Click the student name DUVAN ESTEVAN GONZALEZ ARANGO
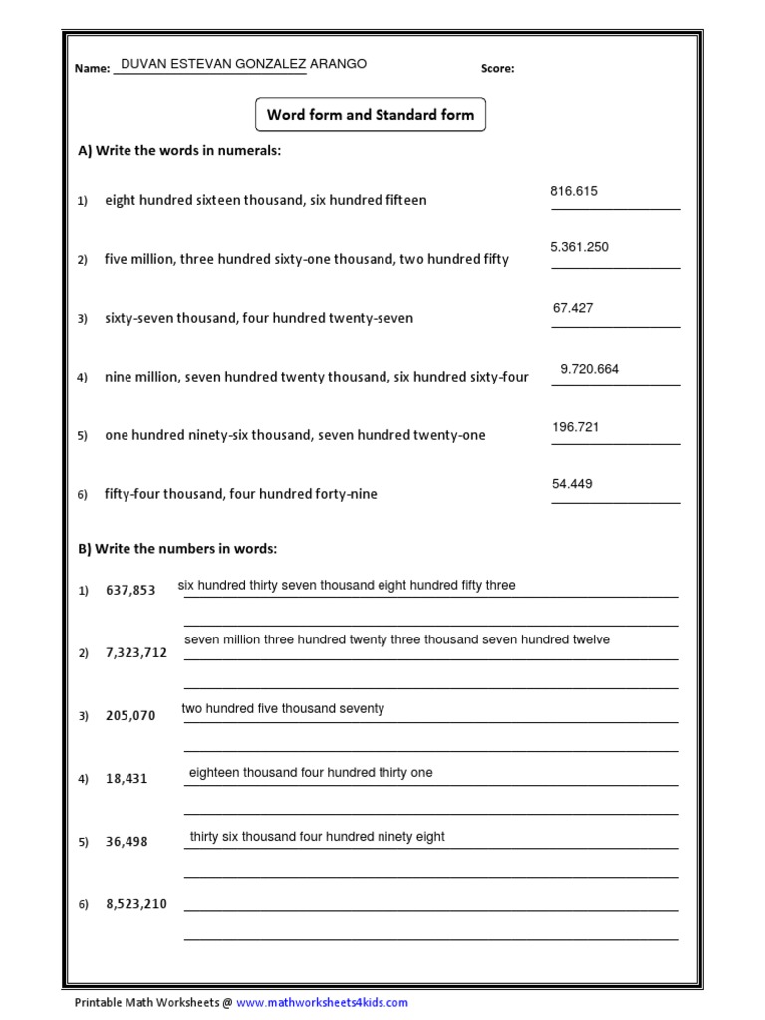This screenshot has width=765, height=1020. tap(243, 64)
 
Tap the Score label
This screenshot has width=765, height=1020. tap(497, 69)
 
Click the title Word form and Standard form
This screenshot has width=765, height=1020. tap(371, 115)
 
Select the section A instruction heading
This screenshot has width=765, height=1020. tap(179, 151)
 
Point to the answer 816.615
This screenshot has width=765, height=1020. tap(574, 191)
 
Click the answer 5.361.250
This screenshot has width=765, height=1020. tap(579, 246)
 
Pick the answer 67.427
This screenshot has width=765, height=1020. tap(573, 308)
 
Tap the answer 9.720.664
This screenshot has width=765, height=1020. tap(589, 369)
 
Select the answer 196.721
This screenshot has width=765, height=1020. tap(576, 427)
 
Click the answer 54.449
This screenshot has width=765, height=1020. tap(572, 484)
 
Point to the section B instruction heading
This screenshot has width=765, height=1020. tap(177, 549)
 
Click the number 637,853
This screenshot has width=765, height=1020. tap(130, 591)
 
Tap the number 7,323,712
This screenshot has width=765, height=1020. tap(135, 653)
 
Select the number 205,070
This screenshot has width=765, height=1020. tap(130, 716)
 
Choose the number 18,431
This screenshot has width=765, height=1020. tap(127, 779)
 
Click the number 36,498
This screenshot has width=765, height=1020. tap(127, 842)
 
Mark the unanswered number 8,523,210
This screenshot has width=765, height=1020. tap(135, 904)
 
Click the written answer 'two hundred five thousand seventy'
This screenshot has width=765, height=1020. tap(283, 709)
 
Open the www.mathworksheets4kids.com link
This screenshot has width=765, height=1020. tap(322, 1003)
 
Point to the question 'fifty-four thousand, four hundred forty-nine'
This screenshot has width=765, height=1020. tap(240, 494)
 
